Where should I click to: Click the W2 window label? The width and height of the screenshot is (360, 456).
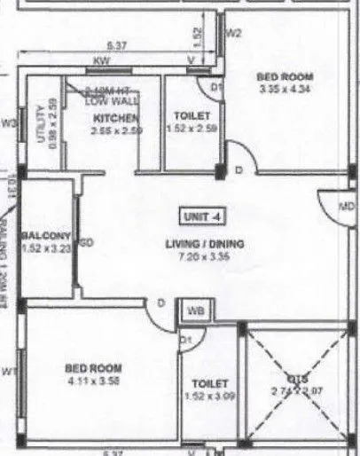(x=233, y=35)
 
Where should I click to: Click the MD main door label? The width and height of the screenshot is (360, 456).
(x=347, y=208)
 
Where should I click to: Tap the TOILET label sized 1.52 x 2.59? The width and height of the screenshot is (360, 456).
(x=186, y=116)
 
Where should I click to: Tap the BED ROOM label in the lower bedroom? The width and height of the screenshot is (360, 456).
(x=94, y=368)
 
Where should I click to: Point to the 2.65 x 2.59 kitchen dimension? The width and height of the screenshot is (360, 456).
(x=115, y=130)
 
